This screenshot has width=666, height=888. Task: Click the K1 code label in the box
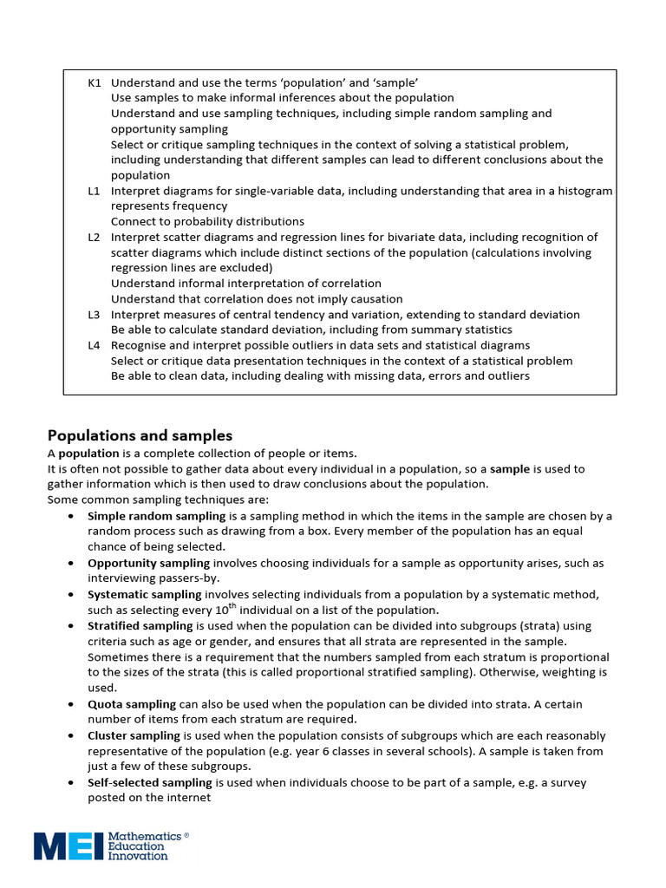(x=95, y=82)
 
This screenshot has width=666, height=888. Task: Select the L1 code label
(x=95, y=191)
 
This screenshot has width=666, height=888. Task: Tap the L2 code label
(x=95, y=237)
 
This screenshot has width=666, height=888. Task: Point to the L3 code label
(x=95, y=314)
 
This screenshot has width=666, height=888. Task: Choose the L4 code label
(x=95, y=345)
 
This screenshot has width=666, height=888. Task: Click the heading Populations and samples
(x=140, y=435)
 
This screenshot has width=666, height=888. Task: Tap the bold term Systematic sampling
(x=144, y=594)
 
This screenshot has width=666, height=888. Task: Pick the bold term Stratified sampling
(x=140, y=625)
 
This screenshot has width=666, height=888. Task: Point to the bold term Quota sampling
(x=131, y=704)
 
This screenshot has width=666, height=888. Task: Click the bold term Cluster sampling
(x=134, y=735)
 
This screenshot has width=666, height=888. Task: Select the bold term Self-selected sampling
(x=149, y=782)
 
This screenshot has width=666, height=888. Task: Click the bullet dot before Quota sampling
(x=69, y=705)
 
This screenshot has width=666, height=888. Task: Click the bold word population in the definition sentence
(x=83, y=454)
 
